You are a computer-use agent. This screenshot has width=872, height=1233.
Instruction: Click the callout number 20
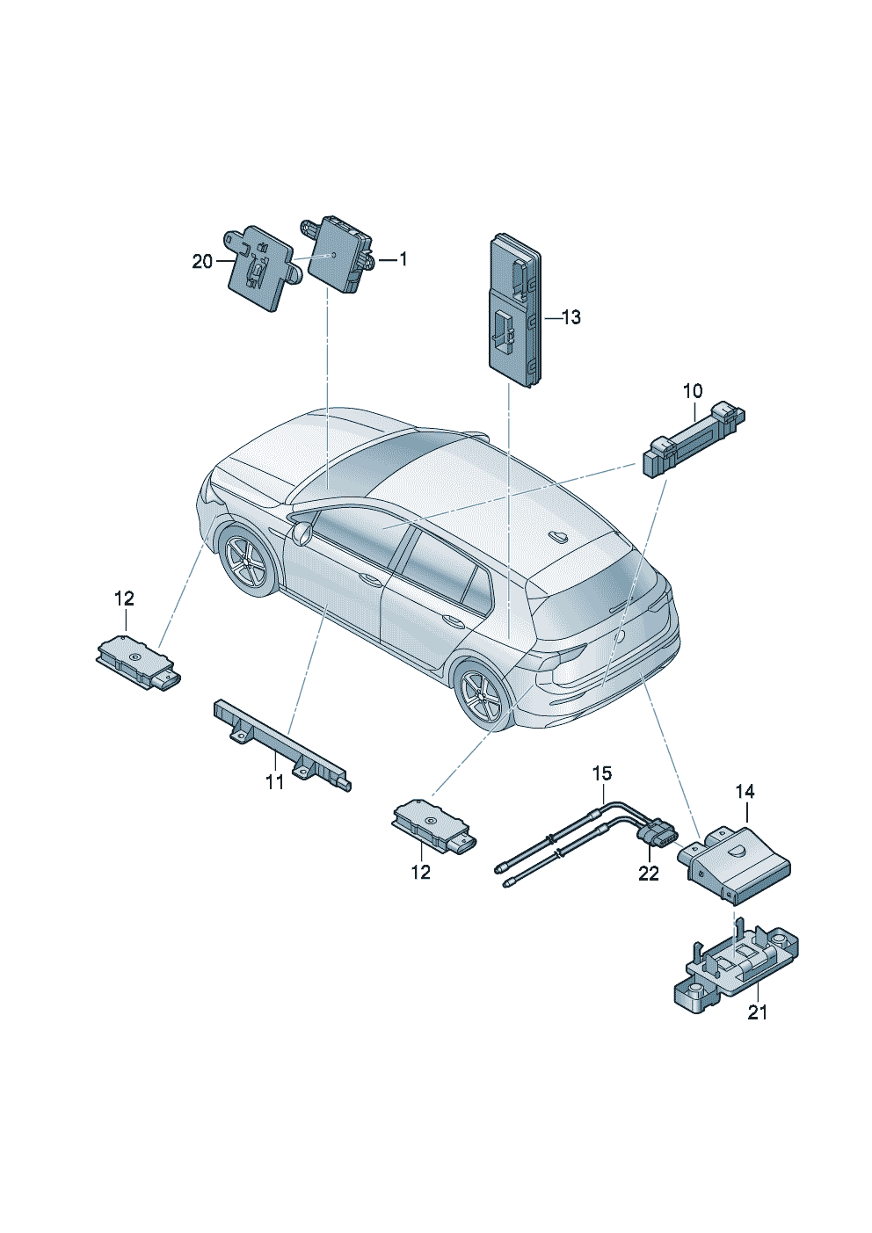coord(202,261)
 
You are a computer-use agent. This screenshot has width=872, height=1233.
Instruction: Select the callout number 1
coord(403,259)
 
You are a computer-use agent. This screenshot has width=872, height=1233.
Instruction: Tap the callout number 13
coord(570,317)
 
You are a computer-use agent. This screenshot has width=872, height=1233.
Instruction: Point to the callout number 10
coord(693,390)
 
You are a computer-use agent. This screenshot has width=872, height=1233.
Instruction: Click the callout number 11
coord(275,781)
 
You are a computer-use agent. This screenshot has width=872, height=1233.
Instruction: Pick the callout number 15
coord(601,773)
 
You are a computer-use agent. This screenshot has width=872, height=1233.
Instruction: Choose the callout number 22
coord(648,874)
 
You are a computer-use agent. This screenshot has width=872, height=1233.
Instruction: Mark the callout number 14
coord(745,792)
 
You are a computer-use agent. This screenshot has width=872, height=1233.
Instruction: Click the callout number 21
coord(757,1012)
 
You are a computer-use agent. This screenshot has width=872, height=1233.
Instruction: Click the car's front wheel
coord(245,561)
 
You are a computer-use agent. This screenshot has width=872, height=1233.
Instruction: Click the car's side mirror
coord(302,533)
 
